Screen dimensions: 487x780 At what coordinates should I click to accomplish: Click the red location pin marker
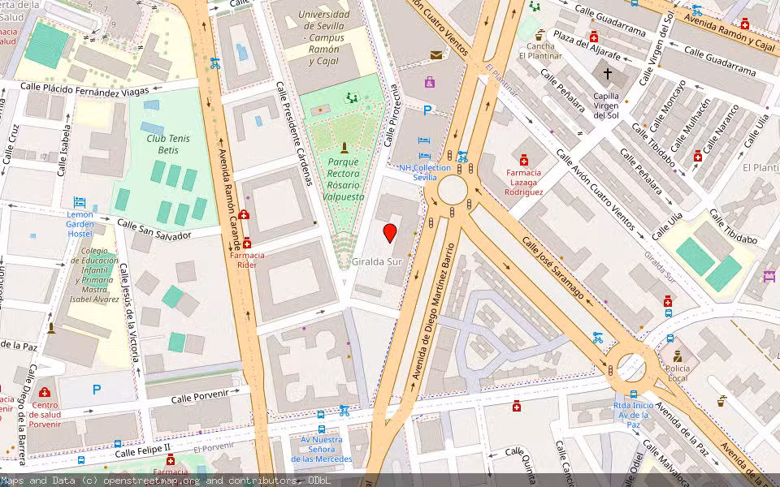click(x=390, y=233)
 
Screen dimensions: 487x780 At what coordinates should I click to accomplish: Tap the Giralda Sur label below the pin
click(x=377, y=262)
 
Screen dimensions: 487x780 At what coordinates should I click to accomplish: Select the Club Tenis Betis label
click(x=168, y=144)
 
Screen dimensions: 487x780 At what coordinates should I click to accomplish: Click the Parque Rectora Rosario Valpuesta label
click(x=344, y=179)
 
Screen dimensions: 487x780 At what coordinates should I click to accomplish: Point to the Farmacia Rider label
click(x=248, y=260)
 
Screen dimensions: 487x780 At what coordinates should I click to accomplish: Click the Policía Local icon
click(x=677, y=356)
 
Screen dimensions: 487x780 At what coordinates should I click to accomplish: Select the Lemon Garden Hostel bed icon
click(x=80, y=202)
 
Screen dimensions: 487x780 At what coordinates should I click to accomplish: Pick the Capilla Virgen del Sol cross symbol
click(x=607, y=74)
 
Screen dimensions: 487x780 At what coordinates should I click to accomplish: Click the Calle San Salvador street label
click(x=154, y=229)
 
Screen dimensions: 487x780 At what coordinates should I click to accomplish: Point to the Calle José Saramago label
click(x=552, y=270)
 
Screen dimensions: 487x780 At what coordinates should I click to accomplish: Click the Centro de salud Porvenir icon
click(x=45, y=392)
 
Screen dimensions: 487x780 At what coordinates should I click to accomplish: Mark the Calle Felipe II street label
click(x=142, y=451)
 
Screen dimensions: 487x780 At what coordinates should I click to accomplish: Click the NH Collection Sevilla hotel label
click(x=424, y=172)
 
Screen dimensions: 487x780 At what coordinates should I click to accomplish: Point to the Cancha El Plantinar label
click(x=540, y=51)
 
